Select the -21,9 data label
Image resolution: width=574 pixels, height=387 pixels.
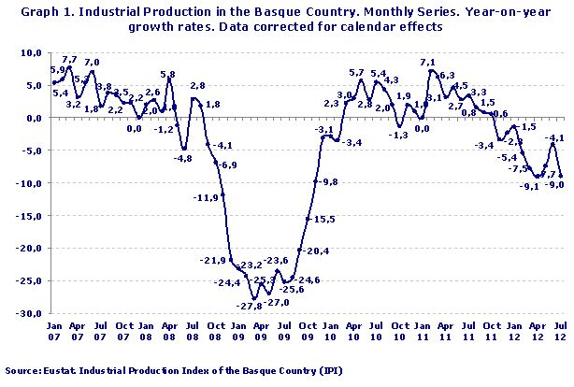214,260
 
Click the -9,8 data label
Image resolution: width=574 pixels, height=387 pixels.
329,181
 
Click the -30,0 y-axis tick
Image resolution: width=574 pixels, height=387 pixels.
31,314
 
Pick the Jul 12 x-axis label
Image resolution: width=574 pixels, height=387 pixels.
559,333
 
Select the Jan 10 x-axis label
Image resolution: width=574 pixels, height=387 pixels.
328,333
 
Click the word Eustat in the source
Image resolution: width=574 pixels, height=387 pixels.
60,371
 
